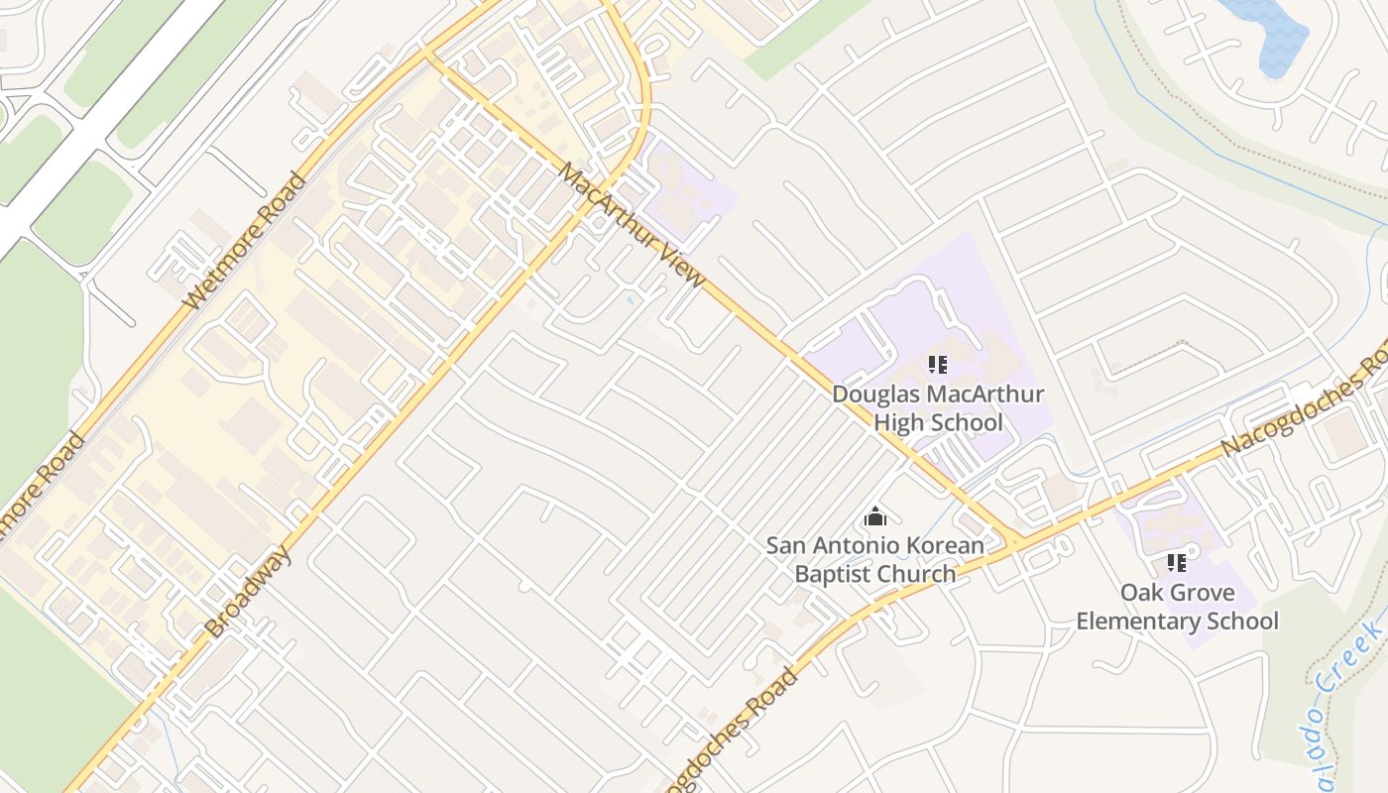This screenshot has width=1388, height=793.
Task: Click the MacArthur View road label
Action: coord(632,225)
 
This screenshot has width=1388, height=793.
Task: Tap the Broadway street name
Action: coord(249,591)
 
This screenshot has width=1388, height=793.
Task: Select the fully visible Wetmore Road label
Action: coord(246,240)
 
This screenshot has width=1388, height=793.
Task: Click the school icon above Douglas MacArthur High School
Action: coord(938,365)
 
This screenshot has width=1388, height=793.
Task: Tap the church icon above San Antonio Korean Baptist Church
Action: coord(874,516)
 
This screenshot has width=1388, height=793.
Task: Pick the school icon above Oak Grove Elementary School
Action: coord(1177,564)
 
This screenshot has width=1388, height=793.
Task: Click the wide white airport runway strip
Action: coord(99,119)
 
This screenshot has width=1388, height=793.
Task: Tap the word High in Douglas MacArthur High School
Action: coord(901,422)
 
